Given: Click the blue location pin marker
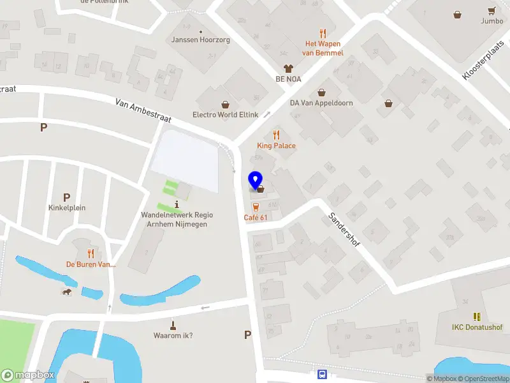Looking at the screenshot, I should click(256, 180).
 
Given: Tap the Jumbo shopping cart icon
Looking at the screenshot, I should click(492, 11).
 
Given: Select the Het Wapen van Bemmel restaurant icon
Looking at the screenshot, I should click(323, 33).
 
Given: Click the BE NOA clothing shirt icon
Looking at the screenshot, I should click(288, 68).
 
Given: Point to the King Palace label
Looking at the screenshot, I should click(276, 146).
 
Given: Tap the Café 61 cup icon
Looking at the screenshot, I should click(256, 207).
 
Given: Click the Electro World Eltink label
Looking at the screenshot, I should click(225, 115).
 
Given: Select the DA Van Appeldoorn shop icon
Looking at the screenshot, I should click(321, 92).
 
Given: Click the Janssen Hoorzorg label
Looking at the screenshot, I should click(201, 40).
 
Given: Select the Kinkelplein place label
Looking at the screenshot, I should click(66, 207).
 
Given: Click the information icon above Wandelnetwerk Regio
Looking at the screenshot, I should click(176, 204).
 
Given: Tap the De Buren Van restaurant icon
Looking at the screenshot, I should click(91, 253).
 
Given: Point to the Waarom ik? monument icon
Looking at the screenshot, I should click(173, 325).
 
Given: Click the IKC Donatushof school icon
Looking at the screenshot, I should click(477, 317).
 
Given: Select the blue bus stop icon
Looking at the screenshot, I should click(323, 375).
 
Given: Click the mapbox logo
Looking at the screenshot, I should click(28, 375).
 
